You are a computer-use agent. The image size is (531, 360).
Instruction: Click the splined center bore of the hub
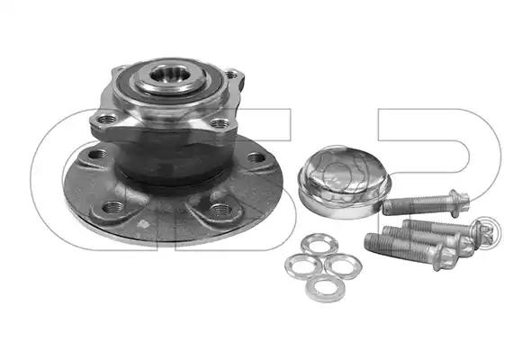[x=166, y=74]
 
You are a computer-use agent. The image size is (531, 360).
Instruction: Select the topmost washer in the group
[x=319, y=244]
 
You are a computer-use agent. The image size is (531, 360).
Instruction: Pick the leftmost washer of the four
[x=303, y=265]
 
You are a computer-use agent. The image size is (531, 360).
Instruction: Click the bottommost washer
[x=325, y=289]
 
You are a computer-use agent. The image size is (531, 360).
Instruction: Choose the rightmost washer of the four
[x=343, y=265]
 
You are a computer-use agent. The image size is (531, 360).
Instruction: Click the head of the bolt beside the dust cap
[x=459, y=202]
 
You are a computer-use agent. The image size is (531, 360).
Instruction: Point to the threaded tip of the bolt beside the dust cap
[x=390, y=207]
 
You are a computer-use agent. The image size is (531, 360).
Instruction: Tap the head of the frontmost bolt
[x=443, y=258]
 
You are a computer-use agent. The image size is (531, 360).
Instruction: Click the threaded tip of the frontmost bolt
[x=373, y=242]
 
